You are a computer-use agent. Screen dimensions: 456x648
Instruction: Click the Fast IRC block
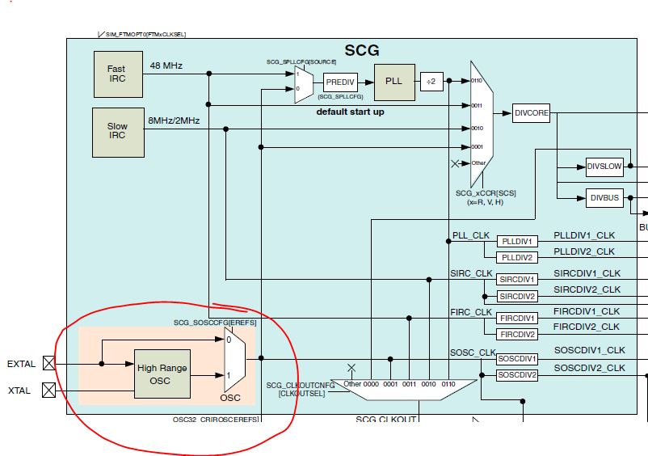[x=116, y=74]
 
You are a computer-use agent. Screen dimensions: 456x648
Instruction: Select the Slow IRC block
[x=116, y=130]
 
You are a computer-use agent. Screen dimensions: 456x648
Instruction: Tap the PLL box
[x=393, y=82]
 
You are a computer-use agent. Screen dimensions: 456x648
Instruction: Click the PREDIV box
[x=340, y=82]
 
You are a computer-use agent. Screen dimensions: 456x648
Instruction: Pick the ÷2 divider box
[x=431, y=82]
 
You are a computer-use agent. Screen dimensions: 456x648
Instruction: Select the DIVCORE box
[x=531, y=114]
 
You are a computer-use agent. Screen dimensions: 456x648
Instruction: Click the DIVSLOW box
[x=604, y=167]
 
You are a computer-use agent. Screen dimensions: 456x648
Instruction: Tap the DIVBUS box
[x=604, y=198]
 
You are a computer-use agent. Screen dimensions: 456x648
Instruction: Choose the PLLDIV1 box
[x=517, y=242]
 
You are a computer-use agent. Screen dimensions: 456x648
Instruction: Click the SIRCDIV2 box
[x=517, y=296]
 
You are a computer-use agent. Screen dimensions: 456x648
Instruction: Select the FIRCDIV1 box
[x=517, y=318]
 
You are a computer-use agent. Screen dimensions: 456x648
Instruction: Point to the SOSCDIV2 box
[x=517, y=374]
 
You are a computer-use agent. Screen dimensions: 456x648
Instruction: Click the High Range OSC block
[x=162, y=374]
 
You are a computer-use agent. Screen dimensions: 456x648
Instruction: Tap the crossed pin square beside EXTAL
[x=48, y=364]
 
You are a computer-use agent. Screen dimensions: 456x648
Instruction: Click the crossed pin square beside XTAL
[x=48, y=391]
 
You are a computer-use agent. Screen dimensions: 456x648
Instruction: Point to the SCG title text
[x=362, y=51]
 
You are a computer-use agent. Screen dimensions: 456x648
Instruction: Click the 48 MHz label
[x=166, y=65]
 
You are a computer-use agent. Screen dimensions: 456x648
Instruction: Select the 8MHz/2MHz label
[x=173, y=120]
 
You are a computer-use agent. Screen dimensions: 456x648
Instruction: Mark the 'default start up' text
[x=350, y=112]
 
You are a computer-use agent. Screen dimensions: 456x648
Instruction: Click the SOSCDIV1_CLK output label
[x=589, y=350]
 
